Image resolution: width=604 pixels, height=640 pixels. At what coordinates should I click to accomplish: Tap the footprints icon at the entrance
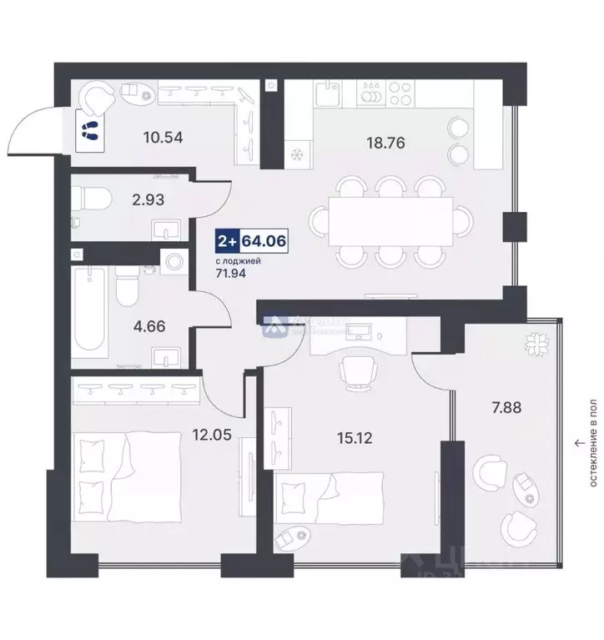click(x=89, y=129)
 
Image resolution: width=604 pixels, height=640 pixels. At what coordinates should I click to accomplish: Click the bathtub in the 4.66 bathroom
click(x=88, y=311)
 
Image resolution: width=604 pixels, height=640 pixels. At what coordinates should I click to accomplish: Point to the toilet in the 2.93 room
click(x=88, y=199)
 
